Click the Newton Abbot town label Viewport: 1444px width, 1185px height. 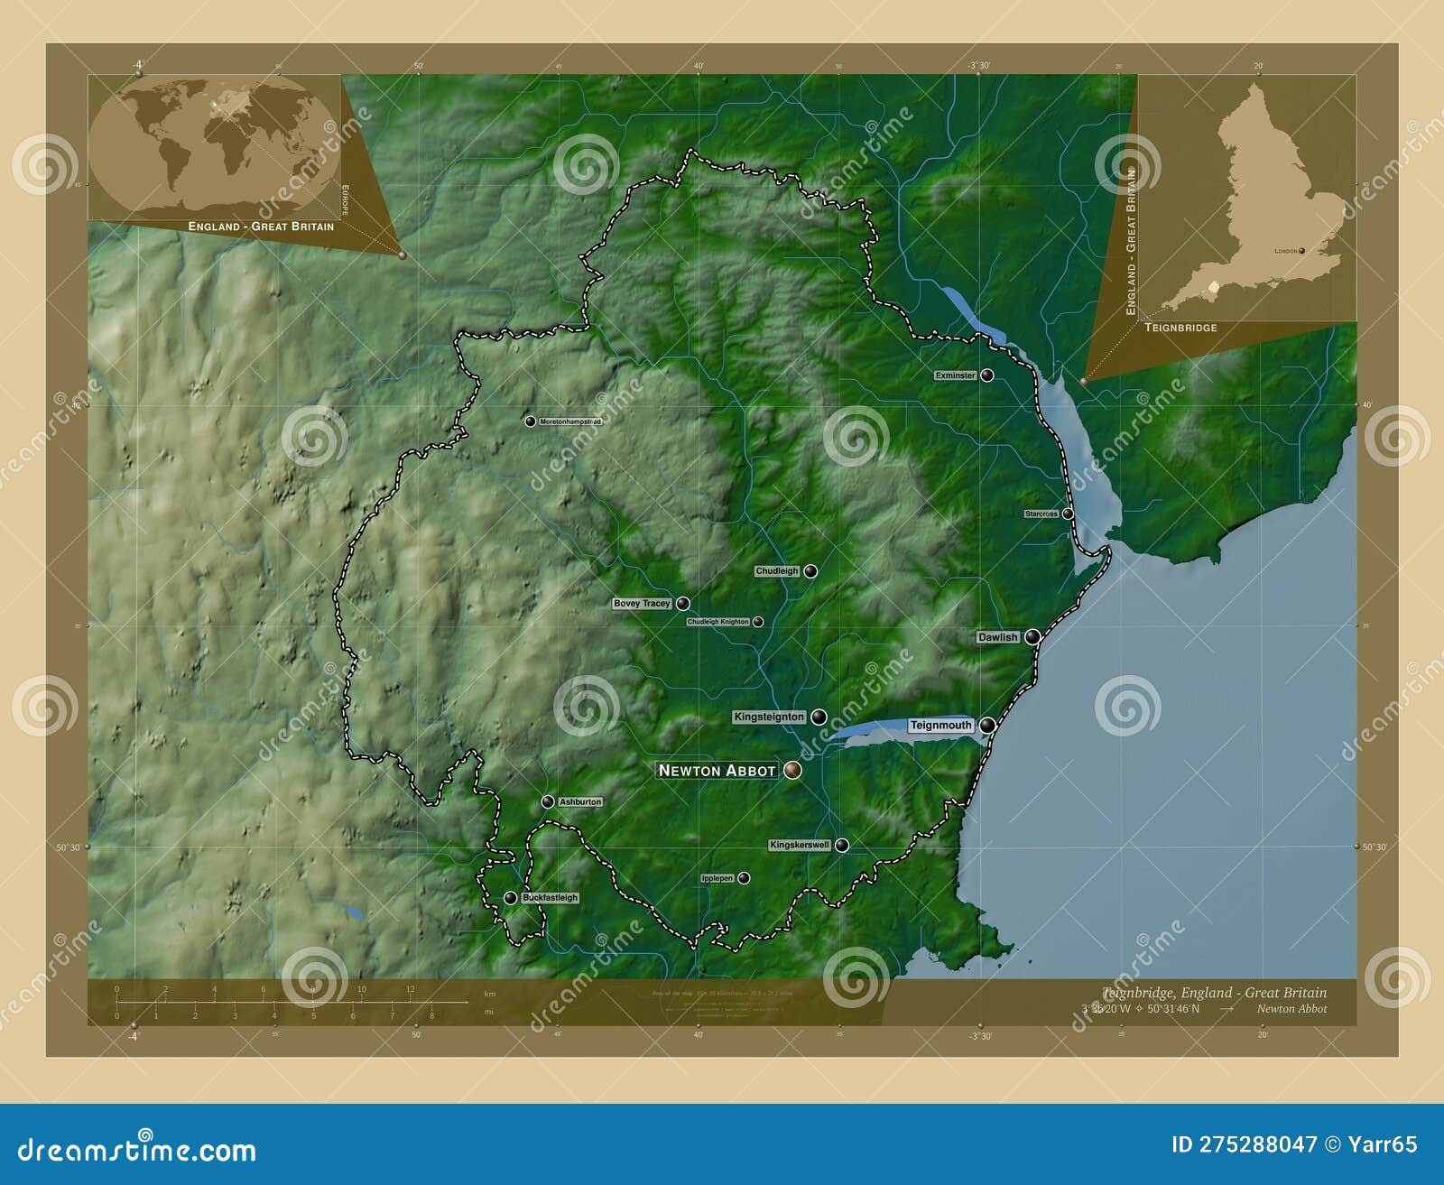click(x=717, y=770)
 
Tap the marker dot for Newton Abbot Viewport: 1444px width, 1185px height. click(x=792, y=769)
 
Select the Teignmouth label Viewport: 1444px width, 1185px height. click(x=940, y=726)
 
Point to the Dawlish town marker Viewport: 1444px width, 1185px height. click(x=1032, y=636)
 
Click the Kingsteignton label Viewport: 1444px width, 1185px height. click(x=768, y=717)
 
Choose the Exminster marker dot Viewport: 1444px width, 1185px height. click(x=987, y=375)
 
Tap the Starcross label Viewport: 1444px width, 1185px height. click(x=1041, y=514)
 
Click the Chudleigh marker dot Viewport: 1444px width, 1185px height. click(x=810, y=570)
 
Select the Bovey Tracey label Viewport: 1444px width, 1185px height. click(x=642, y=603)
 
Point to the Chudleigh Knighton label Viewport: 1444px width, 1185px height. click(x=717, y=622)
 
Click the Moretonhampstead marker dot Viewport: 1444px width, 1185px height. click(x=531, y=421)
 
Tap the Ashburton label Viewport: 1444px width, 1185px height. click(x=579, y=801)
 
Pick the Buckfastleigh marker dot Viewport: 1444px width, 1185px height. click(x=510, y=897)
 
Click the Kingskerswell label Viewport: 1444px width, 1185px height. click(x=799, y=846)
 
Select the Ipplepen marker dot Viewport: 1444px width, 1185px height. click(x=744, y=877)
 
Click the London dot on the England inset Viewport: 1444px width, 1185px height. click(x=1301, y=251)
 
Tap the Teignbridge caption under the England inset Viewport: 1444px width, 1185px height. click(x=1180, y=328)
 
